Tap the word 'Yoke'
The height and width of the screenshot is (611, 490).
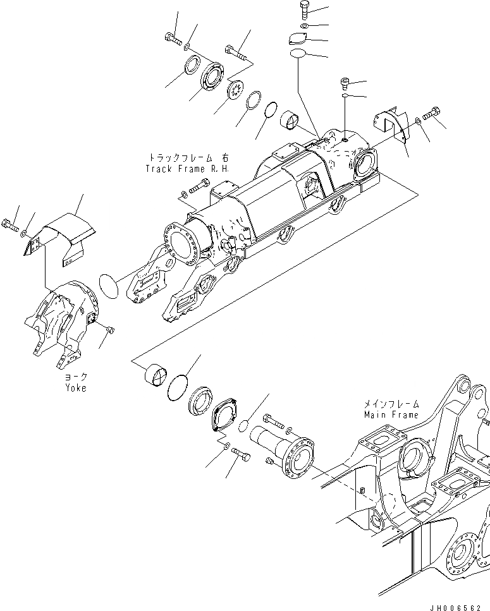point(75,388)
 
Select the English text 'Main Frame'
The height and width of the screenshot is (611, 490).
point(391,414)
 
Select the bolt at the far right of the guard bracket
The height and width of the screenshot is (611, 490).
point(433,114)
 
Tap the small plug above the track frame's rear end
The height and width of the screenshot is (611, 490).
point(343,83)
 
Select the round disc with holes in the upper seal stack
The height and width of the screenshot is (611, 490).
point(236,89)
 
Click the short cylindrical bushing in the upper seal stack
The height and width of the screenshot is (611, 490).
point(293,118)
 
